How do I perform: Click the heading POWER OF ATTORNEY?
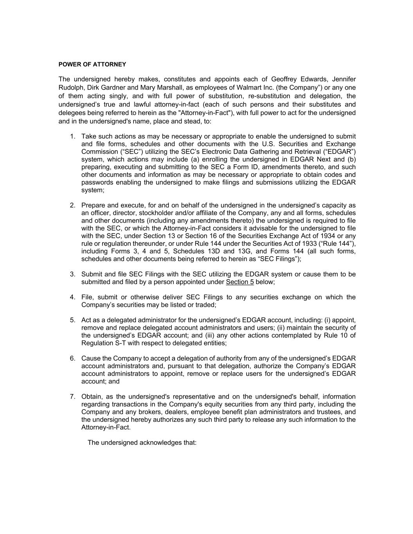click(x=92, y=64)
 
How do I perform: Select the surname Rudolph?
click(x=71, y=88)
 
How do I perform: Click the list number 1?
click(x=72, y=137)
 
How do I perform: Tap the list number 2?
click(x=72, y=205)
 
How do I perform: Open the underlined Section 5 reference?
click(x=240, y=282)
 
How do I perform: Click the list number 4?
click(x=72, y=297)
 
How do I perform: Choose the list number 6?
click(x=72, y=358)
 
